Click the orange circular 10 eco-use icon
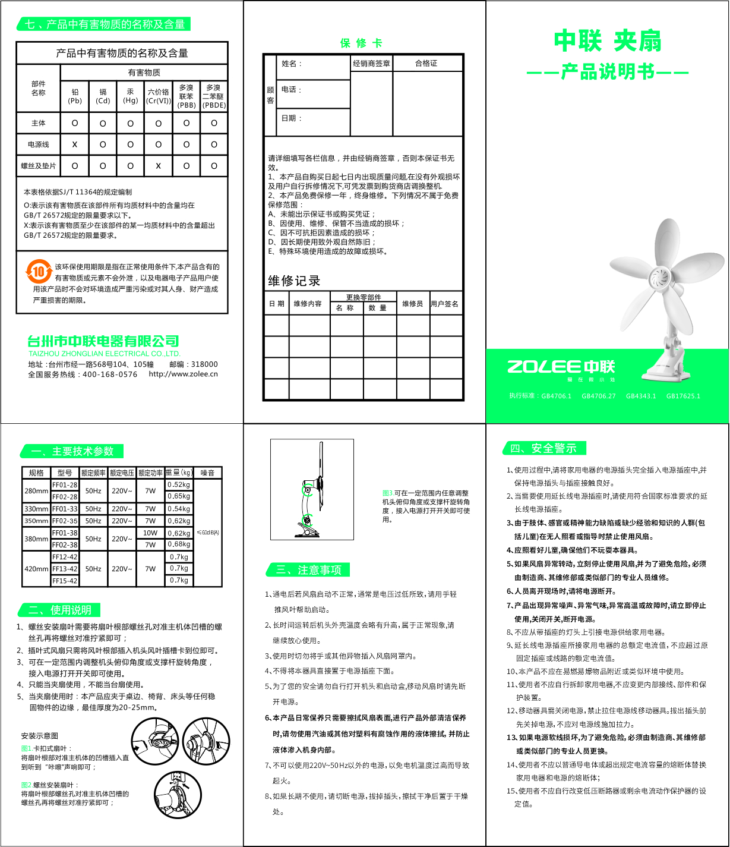pyautogui.click(x=39, y=273)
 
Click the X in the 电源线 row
pyautogui.click(x=75, y=144)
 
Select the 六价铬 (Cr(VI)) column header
pyautogui.click(x=158, y=96)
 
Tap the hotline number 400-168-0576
pyautogui.click(x=110, y=374)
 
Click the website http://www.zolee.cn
pyautogui.click(x=183, y=374)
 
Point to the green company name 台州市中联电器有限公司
pyautogui.click(x=103, y=341)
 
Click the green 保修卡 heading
pyautogui.click(x=361, y=43)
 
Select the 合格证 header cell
pyautogui.click(x=426, y=63)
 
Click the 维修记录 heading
pyautogui.click(x=294, y=281)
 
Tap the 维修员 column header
pyautogui.click(x=412, y=304)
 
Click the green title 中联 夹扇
pyautogui.click(x=607, y=41)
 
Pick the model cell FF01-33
pyautogui.click(x=65, y=509)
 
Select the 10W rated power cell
pyautogui.click(x=150, y=533)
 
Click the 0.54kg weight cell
pyautogui.click(x=179, y=509)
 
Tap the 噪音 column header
pyautogui.click(x=207, y=473)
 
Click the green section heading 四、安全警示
pyautogui.click(x=543, y=448)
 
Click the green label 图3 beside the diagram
pyautogui.click(x=387, y=493)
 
